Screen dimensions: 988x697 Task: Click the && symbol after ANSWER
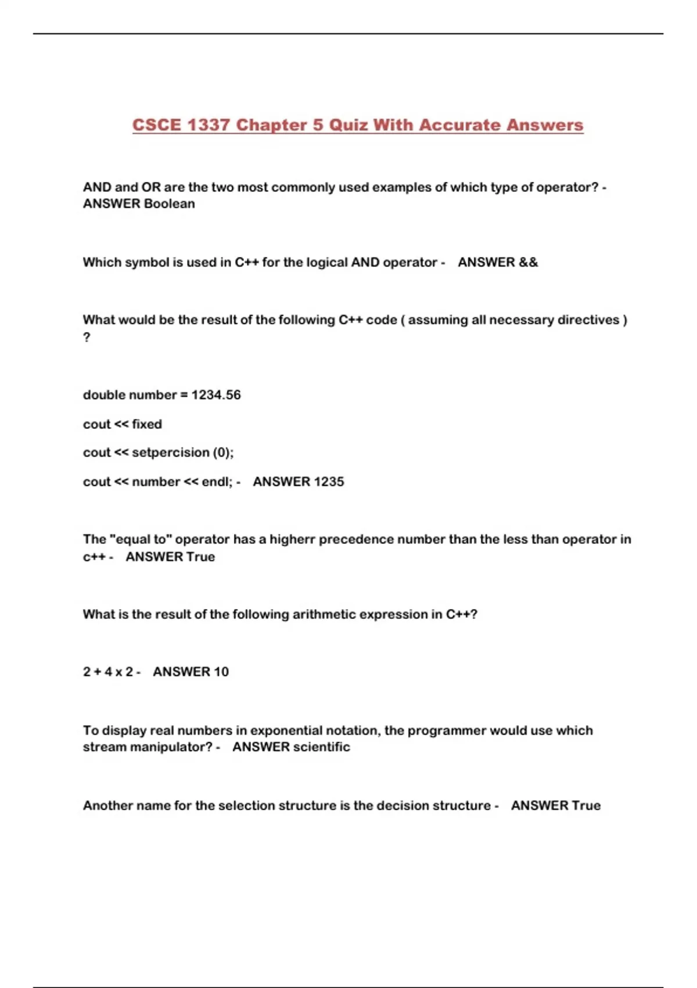coord(528,262)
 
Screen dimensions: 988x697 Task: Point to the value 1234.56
coord(216,395)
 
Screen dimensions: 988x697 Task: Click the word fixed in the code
coord(147,424)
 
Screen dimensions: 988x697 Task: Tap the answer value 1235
coord(329,481)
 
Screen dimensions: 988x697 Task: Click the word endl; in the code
coord(217,481)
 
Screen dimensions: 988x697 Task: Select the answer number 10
coord(221,671)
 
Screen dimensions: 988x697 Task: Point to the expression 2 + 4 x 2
coord(108,671)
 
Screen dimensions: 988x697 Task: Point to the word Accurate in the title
coord(459,125)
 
